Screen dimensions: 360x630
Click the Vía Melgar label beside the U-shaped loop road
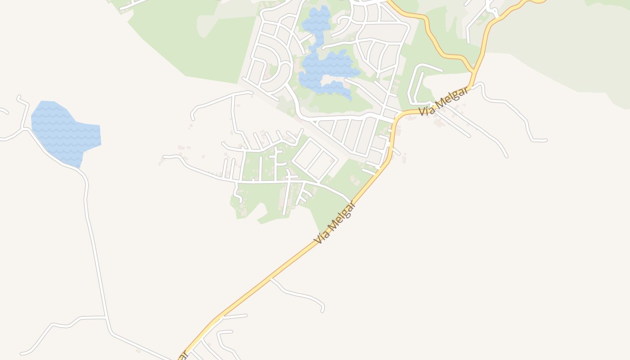click(443, 101)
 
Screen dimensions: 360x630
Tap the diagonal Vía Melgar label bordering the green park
click(335, 223)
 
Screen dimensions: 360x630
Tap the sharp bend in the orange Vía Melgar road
click(395, 119)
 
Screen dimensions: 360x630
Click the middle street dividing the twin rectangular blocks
click(315, 159)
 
